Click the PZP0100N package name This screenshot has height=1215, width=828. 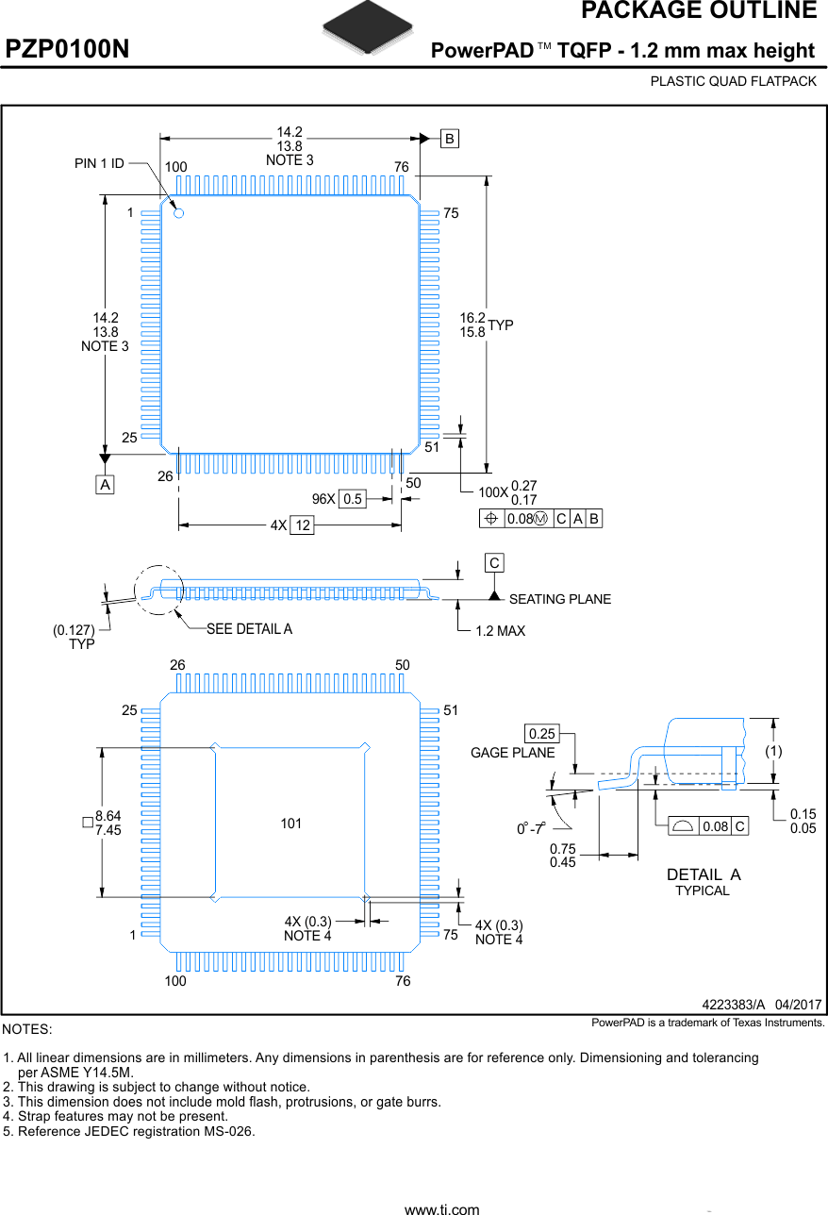click(68, 49)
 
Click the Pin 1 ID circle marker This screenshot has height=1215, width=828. click(178, 213)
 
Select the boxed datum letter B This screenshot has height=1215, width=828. click(450, 139)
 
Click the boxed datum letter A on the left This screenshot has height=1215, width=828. click(105, 484)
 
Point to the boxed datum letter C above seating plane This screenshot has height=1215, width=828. click(493, 563)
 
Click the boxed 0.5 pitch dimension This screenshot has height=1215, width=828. click(353, 499)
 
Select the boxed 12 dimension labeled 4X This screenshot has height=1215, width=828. click(301, 525)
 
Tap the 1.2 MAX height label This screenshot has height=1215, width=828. click(500, 630)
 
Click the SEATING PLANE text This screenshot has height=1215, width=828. click(559, 599)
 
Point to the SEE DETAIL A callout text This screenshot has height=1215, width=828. click(249, 629)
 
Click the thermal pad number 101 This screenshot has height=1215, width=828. click(290, 824)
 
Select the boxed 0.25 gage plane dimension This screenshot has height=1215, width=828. click(542, 733)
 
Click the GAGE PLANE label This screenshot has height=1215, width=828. click(512, 753)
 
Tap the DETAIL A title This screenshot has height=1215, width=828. click(704, 874)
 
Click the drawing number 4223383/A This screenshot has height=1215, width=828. click(734, 1005)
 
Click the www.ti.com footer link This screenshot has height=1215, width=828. click(441, 1208)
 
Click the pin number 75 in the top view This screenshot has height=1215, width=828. click(451, 214)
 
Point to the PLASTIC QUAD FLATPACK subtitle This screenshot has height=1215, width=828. click(733, 81)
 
